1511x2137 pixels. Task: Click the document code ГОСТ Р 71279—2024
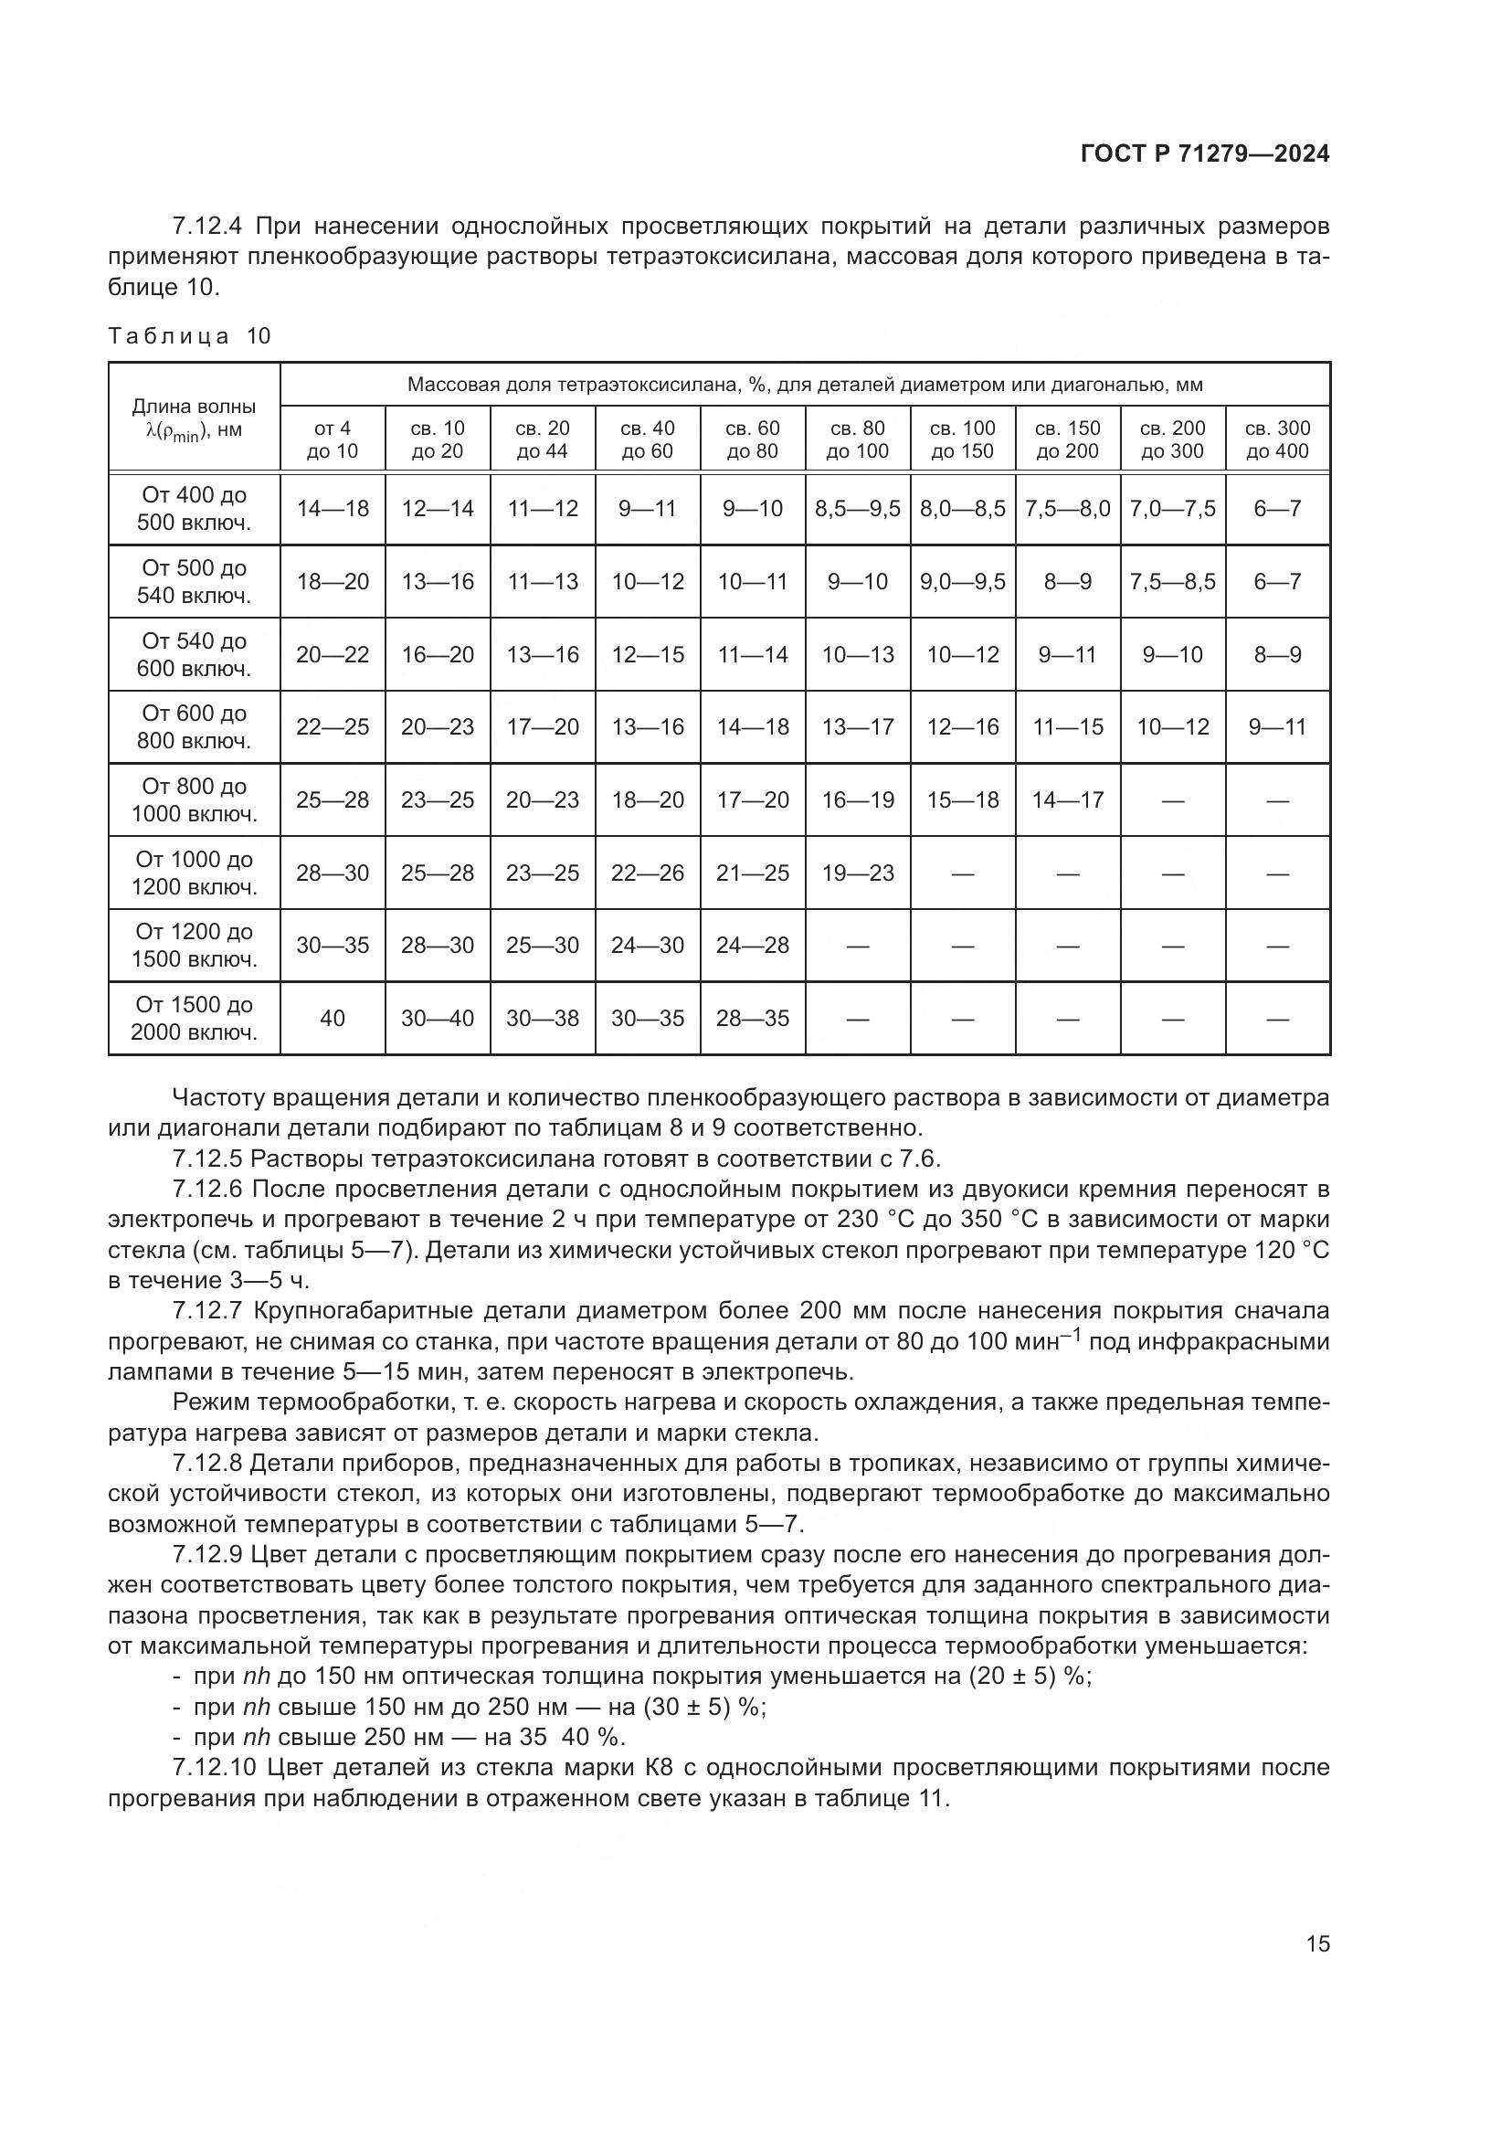point(1205,154)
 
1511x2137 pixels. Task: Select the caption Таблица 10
point(190,336)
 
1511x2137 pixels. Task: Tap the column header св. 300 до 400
point(1277,439)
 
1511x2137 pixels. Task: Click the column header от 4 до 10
point(333,439)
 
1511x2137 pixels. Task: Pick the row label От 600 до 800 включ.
point(194,727)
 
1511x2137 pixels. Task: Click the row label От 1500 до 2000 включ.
point(194,1018)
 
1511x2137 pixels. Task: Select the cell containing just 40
point(333,1018)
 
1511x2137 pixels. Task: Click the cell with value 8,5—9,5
point(858,509)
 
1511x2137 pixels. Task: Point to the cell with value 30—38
point(543,1018)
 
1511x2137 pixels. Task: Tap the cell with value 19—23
point(858,873)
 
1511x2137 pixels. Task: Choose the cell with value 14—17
point(1067,799)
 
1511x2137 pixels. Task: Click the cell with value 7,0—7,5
point(1172,509)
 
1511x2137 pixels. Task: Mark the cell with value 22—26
point(648,873)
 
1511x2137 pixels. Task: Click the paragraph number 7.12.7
point(206,1311)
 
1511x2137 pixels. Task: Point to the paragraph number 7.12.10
point(213,1767)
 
